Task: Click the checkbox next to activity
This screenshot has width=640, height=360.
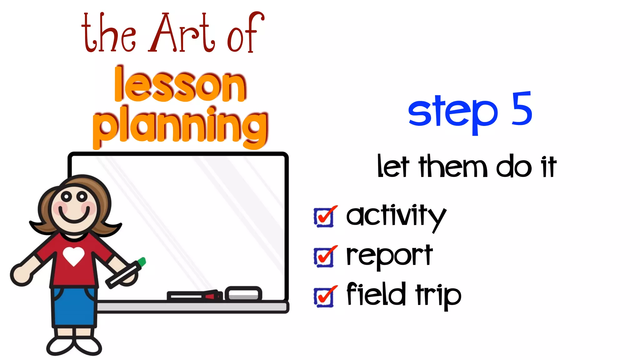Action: [x=324, y=217]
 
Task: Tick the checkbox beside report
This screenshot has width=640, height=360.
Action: [x=324, y=257]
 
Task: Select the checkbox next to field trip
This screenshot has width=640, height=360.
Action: [x=324, y=297]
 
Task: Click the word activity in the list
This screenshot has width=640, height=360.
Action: [x=396, y=216]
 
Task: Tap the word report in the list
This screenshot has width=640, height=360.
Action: [x=389, y=256]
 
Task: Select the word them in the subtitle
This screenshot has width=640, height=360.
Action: [x=453, y=167]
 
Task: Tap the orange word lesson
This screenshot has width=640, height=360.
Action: [x=180, y=85]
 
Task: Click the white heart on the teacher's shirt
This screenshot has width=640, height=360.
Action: [x=73, y=256]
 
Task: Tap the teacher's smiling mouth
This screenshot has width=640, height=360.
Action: [x=74, y=215]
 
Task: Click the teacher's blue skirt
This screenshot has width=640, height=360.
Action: [x=74, y=306]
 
